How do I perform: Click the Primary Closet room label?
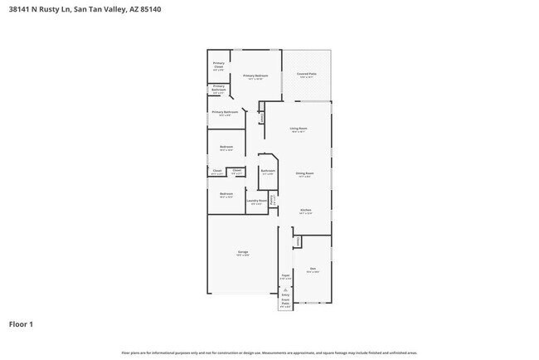pos(219,65)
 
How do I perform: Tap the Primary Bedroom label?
pos(255,76)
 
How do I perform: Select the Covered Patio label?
pos(307,75)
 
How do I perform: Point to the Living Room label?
pos(299,128)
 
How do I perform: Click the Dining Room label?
pos(303,173)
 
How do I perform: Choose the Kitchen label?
pos(305,210)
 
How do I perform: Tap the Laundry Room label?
pos(257,201)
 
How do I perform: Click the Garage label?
pos(244,251)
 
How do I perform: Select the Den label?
pos(313,269)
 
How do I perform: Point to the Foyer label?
pos(284,275)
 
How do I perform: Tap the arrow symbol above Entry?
pos(285,289)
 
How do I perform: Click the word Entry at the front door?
pos(285,294)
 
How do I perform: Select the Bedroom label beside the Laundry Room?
pos(226,194)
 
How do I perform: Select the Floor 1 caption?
pos(22,324)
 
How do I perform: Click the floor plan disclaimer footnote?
pos(269,353)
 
